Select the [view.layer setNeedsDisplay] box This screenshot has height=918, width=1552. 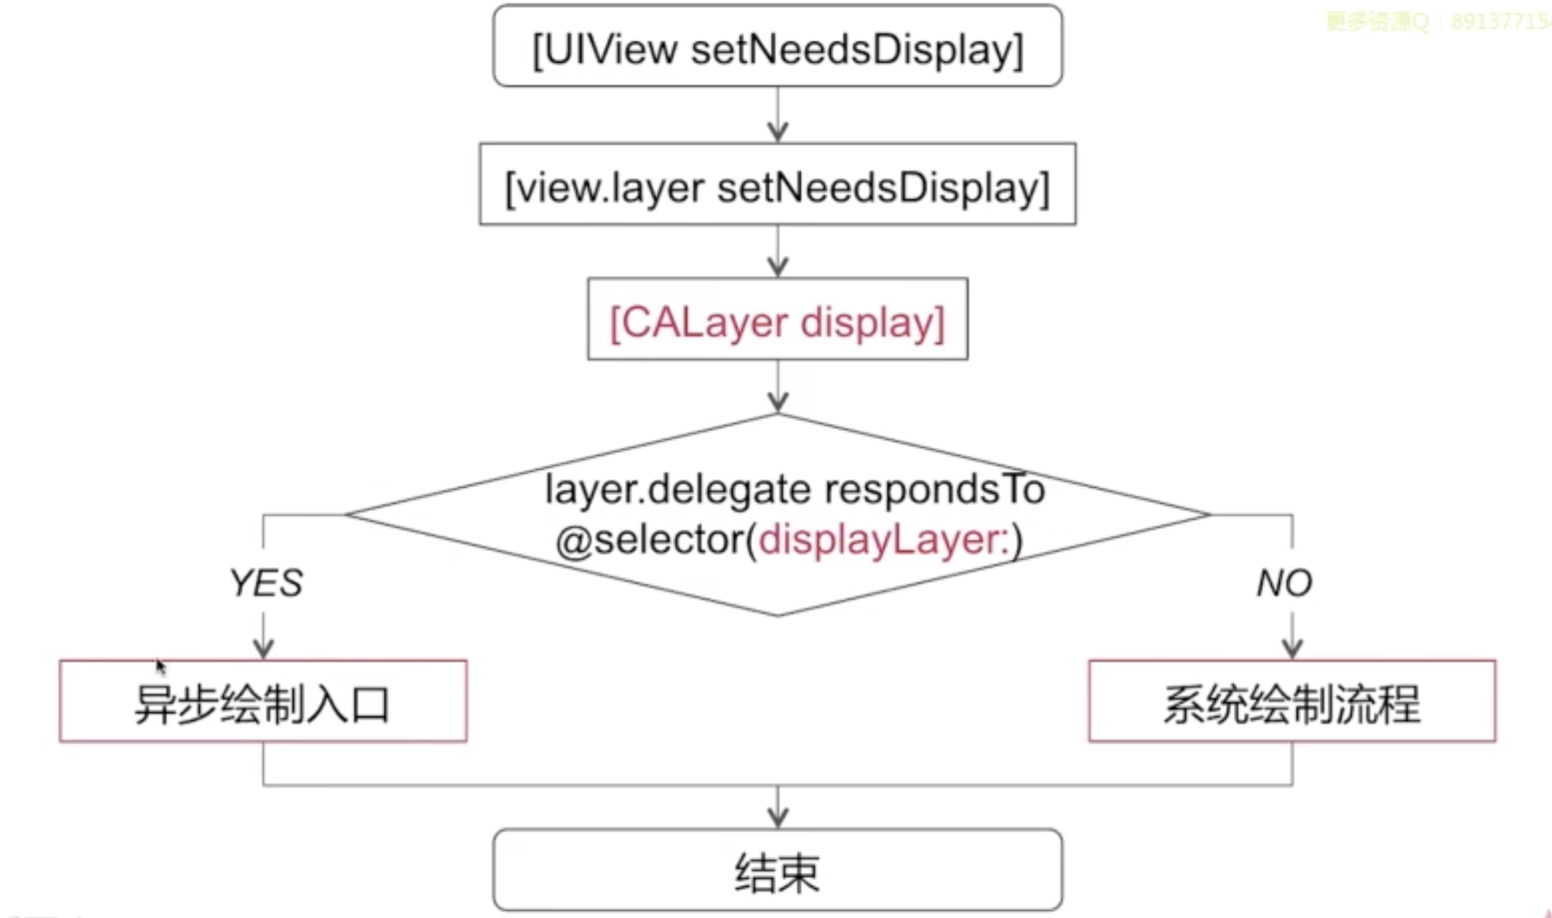(777, 186)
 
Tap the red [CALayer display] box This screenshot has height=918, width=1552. (777, 321)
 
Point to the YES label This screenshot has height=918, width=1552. (266, 583)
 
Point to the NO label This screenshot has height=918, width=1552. (1284, 583)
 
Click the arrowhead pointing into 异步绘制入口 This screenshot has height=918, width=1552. (264, 648)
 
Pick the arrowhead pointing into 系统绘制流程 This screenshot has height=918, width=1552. (1292, 648)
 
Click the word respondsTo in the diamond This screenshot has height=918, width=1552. (934, 490)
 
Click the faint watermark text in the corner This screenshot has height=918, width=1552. (1435, 22)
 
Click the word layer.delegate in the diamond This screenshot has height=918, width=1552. (678, 490)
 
